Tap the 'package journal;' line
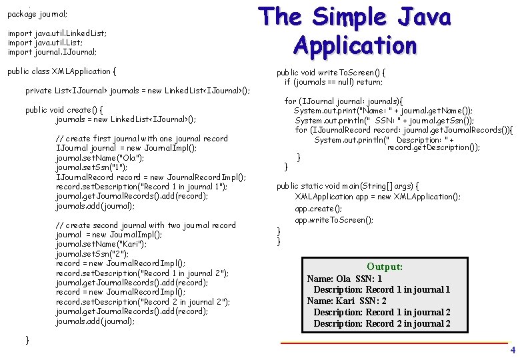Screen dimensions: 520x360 pyautogui.click(x=37, y=13)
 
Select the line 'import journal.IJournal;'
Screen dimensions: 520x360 pyautogui.click(x=52, y=51)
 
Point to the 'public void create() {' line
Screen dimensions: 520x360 pyautogui.click(x=64, y=109)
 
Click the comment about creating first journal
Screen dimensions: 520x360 pyautogui.click(x=142, y=139)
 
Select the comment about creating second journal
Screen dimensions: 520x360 pyautogui.click(x=146, y=225)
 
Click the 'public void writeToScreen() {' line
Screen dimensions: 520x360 pyautogui.click(x=331, y=72)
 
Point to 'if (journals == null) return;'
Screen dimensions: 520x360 pyautogui.click(x=333, y=82)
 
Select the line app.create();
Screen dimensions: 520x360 pyautogui.click(x=319, y=209)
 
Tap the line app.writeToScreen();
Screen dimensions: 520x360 pyautogui.click(x=334, y=219)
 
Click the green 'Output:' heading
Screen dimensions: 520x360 pyautogui.click(x=385, y=267)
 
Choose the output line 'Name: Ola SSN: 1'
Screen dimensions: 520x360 pyautogui.click(x=345, y=279)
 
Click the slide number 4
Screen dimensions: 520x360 pyautogui.click(x=512, y=350)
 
